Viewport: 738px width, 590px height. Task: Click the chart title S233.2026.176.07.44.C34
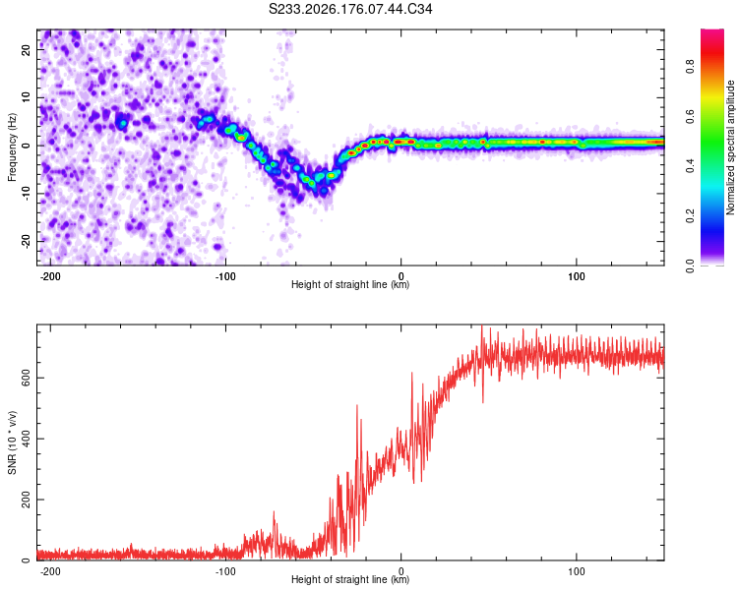click(x=350, y=9)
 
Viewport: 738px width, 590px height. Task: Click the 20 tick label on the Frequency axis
click(x=26, y=50)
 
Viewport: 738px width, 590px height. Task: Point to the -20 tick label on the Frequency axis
click(x=26, y=241)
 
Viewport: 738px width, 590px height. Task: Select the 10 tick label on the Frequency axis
click(x=26, y=97)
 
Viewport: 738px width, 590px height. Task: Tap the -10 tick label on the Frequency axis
click(x=26, y=193)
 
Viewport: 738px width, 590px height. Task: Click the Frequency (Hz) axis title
click(x=12, y=147)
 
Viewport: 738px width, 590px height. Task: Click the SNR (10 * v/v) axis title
click(x=12, y=442)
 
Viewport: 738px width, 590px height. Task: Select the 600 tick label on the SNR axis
click(x=26, y=378)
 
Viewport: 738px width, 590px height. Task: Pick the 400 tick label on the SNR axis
click(x=26, y=439)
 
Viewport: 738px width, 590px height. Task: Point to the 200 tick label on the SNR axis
click(x=26, y=500)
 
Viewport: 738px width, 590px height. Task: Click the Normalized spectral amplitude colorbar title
click(x=730, y=147)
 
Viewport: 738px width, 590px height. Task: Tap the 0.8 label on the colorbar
click(x=690, y=66)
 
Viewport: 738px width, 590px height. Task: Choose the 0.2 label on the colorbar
click(x=690, y=216)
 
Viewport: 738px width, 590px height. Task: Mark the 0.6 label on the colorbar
click(x=690, y=116)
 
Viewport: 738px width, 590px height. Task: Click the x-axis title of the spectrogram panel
click(x=350, y=284)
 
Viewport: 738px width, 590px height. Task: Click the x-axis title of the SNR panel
click(x=350, y=579)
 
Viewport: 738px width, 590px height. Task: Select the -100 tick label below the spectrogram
click(x=225, y=276)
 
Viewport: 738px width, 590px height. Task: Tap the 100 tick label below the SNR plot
click(x=576, y=571)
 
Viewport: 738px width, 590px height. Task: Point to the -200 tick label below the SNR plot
click(x=50, y=571)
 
